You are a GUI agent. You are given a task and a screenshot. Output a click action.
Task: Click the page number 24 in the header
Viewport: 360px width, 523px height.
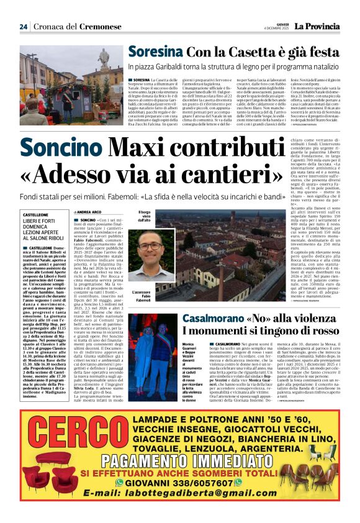point(23,26)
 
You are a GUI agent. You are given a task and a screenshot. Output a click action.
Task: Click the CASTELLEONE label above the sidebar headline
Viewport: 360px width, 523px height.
point(35,214)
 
